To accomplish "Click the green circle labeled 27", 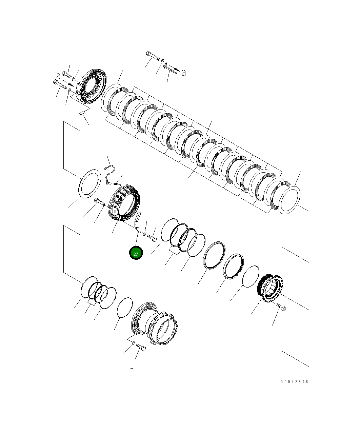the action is click(136, 253).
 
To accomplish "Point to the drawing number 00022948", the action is click(294, 382).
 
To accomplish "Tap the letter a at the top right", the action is click(183, 73).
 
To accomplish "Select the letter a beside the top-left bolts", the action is click(58, 76).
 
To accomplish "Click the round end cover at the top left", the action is click(92, 86).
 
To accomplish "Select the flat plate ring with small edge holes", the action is click(89, 184).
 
